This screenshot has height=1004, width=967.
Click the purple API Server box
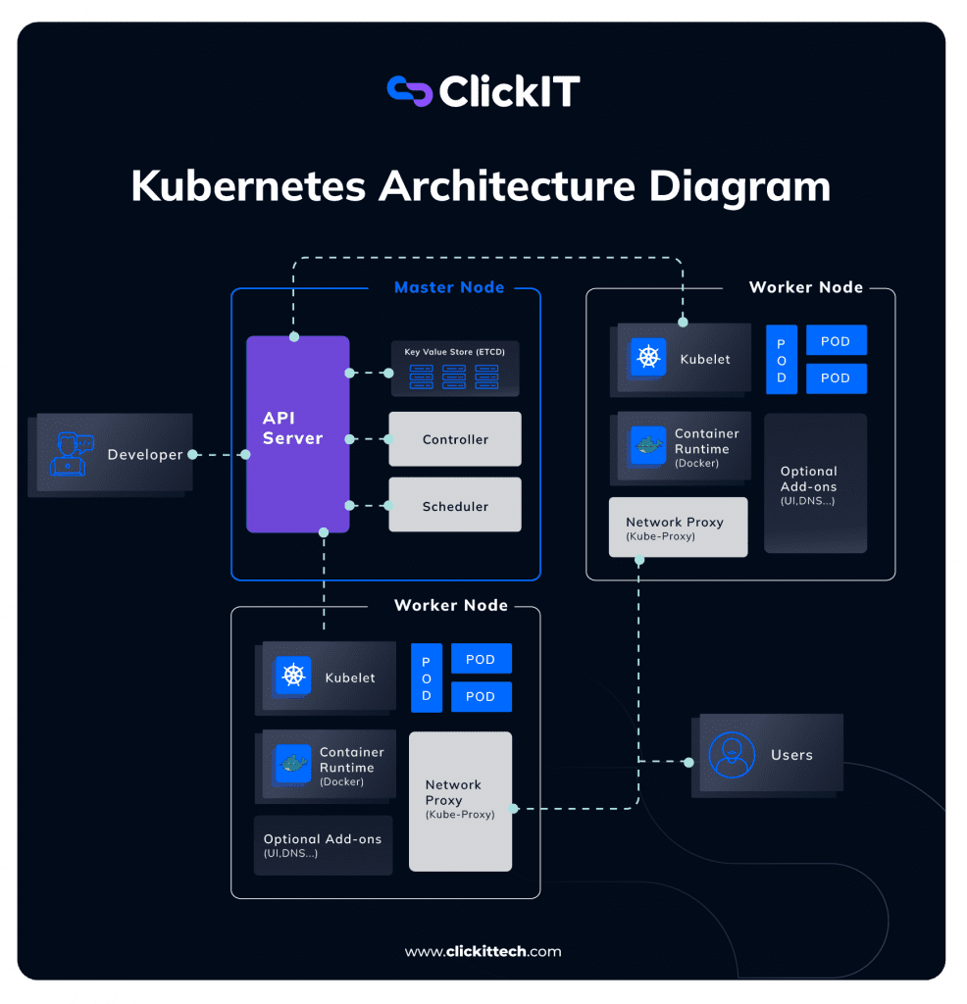pyautogui.click(x=297, y=433)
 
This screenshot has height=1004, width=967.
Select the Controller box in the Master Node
pyautogui.click(x=455, y=439)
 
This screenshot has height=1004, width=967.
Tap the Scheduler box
pyautogui.click(x=455, y=506)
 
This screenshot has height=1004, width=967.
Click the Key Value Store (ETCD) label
pyautogui.click(x=454, y=351)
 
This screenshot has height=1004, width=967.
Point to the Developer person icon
pyautogui.click(x=68, y=454)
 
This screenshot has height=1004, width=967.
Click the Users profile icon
pyautogui.click(x=732, y=755)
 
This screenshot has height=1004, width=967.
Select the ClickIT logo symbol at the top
pyautogui.click(x=410, y=91)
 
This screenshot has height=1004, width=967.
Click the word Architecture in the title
pyautogui.click(x=500, y=186)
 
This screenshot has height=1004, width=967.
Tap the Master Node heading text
pyautogui.click(x=449, y=287)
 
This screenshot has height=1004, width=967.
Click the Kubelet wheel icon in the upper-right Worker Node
pyautogui.click(x=648, y=358)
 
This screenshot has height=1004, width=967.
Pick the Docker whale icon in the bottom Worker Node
pyautogui.click(x=292, y=765)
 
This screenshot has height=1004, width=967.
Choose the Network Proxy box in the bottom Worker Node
pyautogui.click(x=460, y=801)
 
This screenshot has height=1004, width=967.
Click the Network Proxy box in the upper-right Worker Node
pyautogui.click(x=678, y=527)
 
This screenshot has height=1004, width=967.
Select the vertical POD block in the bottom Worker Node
pyautogui.click(x=427, y=678)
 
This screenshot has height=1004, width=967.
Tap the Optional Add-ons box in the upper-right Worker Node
pyautogui.click(x=815, y=482)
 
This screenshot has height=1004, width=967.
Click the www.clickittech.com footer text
pyautogui.click(x=483, y=951)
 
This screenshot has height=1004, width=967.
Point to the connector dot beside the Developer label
pyautogui.click(x=192, y=455)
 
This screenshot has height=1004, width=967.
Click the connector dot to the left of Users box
pyautogui.click(x=688, y=762)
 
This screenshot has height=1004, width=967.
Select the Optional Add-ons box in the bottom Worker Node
pyautogui.click(x=323, y=845)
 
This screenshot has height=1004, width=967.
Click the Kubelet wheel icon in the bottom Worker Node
pyautogui.click(x=293, y=676)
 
